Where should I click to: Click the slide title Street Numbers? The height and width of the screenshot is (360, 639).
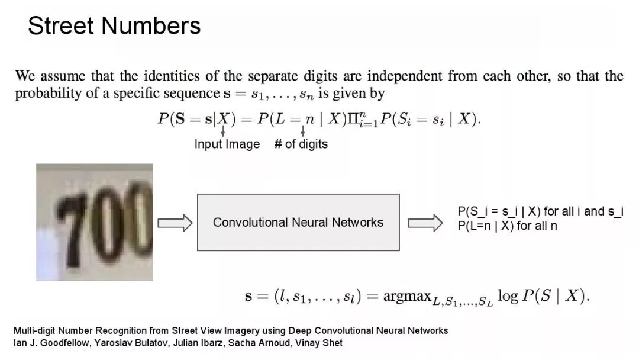114,26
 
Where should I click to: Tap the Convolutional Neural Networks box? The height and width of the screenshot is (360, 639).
298,222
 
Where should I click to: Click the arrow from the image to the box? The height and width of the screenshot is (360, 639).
175,223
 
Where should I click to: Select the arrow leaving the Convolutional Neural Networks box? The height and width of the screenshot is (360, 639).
425,223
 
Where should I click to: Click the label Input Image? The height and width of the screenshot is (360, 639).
227,144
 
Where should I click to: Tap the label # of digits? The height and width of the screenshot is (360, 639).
301,144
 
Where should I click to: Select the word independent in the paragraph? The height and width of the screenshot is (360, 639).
405,76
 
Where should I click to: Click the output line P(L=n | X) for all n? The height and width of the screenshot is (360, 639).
507,226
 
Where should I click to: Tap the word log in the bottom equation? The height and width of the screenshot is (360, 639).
508,296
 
